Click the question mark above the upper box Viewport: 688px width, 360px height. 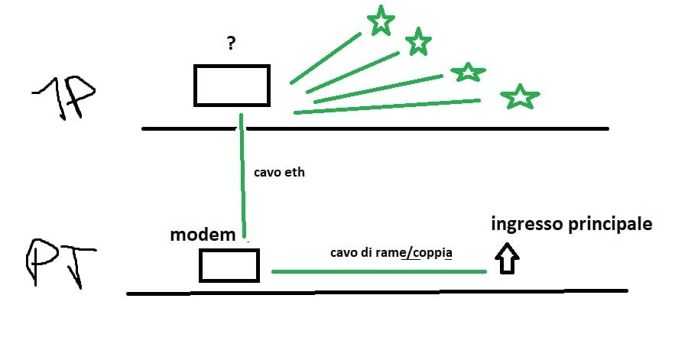[x=231, y=44]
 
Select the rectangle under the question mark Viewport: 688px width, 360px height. [x=232, y=86]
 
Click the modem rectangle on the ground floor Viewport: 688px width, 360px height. [x=229, y=264]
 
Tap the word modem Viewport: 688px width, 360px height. [x=202, y=235]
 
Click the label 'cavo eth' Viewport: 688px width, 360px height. [x=279, y=173]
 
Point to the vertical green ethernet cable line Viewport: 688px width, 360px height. [x=242, y=176]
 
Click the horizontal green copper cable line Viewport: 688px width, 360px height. [x=378, y=271]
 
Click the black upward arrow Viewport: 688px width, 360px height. [x=507, y=259]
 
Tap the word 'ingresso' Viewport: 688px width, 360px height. [x=528, y=225]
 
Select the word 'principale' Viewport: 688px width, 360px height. [x=611, y=225]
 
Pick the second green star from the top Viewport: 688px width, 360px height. [x=417, y=42]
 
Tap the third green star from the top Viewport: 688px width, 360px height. [x=468, y=72]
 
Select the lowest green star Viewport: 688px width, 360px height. [x=520, y=96]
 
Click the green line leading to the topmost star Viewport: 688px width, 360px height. [x=325, y=58]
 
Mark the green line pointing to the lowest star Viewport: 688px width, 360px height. [x=386, y=106]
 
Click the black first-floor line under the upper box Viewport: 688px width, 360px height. [x=375, y=128]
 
